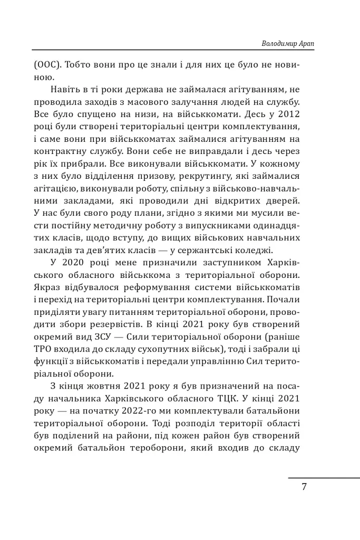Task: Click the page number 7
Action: [304, 486]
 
